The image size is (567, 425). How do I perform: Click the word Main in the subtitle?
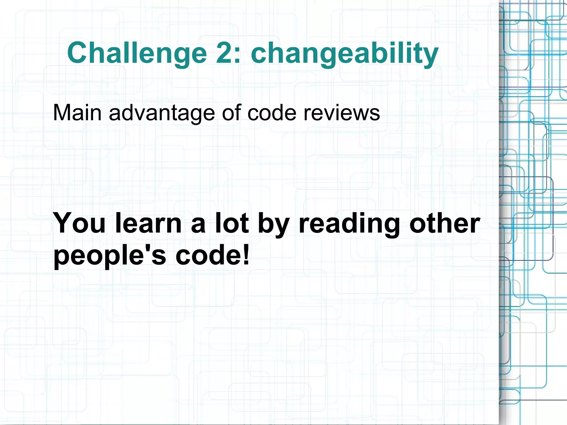[77, 113]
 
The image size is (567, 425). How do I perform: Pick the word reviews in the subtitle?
[342, 113]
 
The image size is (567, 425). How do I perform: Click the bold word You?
[79, 223]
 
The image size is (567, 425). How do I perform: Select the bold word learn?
[148, 223]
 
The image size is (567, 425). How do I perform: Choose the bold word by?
[274, 224]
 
